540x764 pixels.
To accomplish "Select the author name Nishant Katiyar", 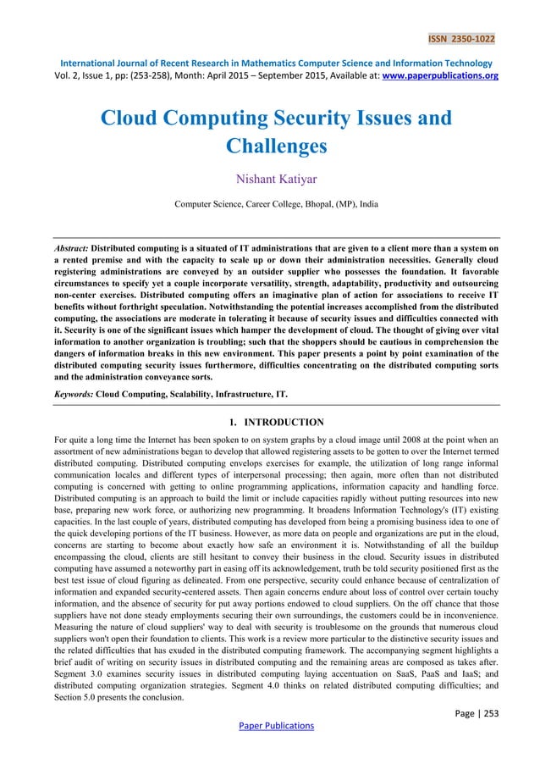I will [269, 179].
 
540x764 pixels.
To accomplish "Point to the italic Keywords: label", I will [73, 395].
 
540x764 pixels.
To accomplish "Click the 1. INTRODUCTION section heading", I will [269, 421].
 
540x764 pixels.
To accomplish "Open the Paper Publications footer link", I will [269, 726].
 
